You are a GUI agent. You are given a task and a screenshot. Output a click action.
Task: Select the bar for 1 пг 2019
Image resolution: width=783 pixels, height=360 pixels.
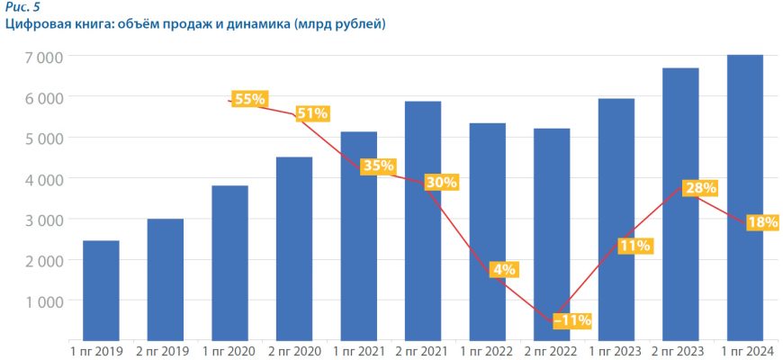pyautogui.click(x=101, y=290)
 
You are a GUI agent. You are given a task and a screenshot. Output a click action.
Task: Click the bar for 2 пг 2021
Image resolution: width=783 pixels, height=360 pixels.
pyautogui.click(x=423, y=220)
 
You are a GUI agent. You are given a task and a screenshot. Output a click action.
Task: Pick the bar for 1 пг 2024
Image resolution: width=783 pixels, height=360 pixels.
pyautogui.click(x=745, y=198)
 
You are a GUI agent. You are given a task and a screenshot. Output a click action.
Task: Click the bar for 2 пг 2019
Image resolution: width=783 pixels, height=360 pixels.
pyautogui.click(x=166, y=279)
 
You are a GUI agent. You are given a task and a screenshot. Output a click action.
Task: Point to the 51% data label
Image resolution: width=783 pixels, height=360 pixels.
pyautogui.click(x=312, y=113)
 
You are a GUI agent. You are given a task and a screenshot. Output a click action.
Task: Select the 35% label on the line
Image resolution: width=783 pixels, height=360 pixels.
pyautogui.click(x=377, y=166)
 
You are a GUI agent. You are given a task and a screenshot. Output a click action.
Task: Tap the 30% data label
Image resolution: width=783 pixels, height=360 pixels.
pyautogui.click(x=442, y=182)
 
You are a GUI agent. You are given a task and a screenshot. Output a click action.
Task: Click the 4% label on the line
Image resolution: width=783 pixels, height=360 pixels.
pyautogui.click(x=503, y=269)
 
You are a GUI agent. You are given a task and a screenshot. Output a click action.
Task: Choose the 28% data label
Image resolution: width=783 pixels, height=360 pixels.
pyautogui.click(x=699, y=188)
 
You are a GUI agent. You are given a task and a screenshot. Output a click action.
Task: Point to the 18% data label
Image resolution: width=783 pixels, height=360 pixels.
pyautogui.click(x=762, y=222)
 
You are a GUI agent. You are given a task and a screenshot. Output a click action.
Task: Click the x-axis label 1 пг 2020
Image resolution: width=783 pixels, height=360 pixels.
pyautogui.click(x=229, y=350)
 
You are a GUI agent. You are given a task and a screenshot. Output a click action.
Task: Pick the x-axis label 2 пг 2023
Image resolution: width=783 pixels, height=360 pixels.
pyautogui.click(x=679, y=350)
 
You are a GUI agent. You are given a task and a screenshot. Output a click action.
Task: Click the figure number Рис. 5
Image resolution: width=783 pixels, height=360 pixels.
pyautogui.click(x=22, y=7)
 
